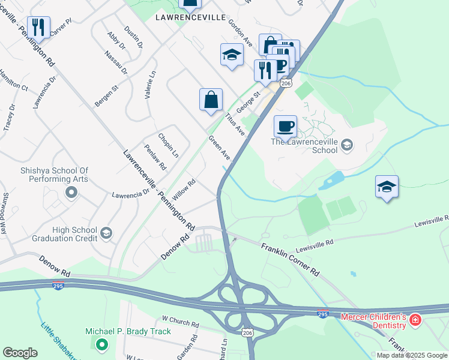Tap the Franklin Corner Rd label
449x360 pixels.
tap(291, 259)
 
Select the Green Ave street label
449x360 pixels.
tap(219, 148)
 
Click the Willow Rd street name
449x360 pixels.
tap(184, 191)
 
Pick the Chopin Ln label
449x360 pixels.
tap(168, 145)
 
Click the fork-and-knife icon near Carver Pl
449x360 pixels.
tap(37, 27)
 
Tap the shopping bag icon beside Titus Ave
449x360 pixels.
tap(211, 100)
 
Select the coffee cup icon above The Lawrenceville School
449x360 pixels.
tap(285, 126)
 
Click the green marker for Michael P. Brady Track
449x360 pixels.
tap(101, 344)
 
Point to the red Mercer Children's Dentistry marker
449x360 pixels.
tap(414, 321)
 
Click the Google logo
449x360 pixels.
tap(20, 353)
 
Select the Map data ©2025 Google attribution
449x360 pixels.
tap(412, 355)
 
